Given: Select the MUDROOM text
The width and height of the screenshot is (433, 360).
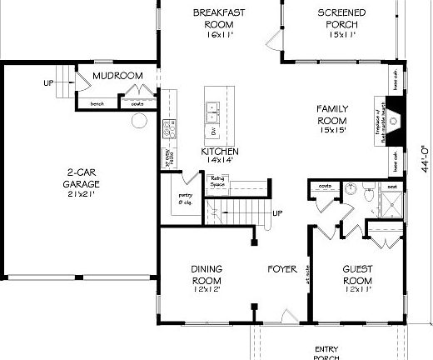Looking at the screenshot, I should pyautogui.click(x=117, y=76).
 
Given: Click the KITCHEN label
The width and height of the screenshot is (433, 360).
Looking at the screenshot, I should pyautogui.click(x=220, y=155).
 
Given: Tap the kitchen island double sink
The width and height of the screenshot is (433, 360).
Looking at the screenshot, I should pyautogui.click(x=212, y=109).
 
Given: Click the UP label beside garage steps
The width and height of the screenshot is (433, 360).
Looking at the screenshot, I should pyautogui.click(x=49, y=83).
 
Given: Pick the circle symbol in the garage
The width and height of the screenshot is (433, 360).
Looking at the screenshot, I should pyautogui.click(x=138, y=120).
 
